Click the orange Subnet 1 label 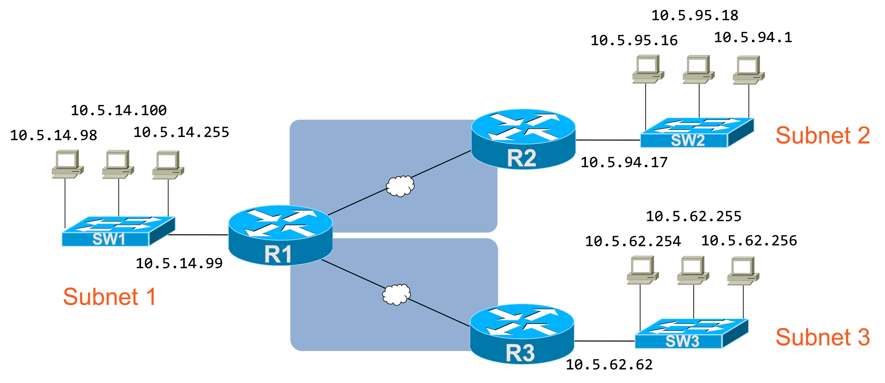pos(109,297)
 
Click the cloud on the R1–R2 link pos(400,186)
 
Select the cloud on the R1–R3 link pos(396,294)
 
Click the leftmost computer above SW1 pos(67,164)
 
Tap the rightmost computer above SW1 pos(168,165)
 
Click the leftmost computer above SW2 pos(648,69)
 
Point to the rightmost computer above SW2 pos(749,70)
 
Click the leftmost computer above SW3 pos(642,270)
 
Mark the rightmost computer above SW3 pos(743,271)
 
